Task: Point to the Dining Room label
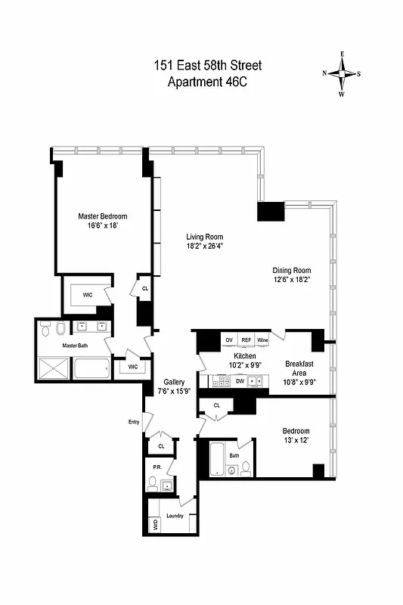292,270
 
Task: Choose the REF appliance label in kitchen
245,340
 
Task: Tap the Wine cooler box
262,340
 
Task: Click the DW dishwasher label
240,381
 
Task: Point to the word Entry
135,422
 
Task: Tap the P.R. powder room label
157,467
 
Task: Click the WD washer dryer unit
154,523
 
